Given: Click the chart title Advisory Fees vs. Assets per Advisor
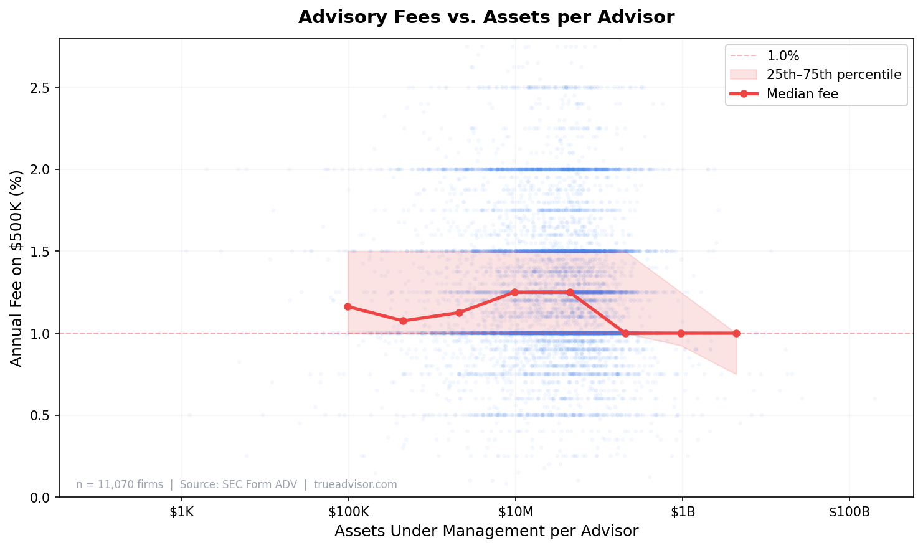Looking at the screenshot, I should [486, 17].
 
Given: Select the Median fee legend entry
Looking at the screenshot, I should [802, 94].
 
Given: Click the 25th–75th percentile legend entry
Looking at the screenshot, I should [833, 75].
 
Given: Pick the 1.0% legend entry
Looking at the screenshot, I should [783, 56].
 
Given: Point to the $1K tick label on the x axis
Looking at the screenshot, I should [181, 513].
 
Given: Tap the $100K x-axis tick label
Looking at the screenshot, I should [348, 513].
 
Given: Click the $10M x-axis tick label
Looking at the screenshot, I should [515, 513].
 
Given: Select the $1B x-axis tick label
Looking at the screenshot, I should [682, 513].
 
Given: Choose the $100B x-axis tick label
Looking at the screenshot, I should [849, 513].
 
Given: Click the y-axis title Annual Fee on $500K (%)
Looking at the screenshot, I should [17, 268].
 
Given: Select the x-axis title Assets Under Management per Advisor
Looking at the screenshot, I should [486, 531].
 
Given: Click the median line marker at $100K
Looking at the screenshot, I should [348, 306].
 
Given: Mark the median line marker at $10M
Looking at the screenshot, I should [514, 292].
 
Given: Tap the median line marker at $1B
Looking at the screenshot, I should [681, 333].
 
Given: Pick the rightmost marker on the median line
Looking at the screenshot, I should [736, 333].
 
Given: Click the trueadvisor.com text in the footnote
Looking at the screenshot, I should [355, 484].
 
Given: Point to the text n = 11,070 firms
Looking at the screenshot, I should [120, 484].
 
